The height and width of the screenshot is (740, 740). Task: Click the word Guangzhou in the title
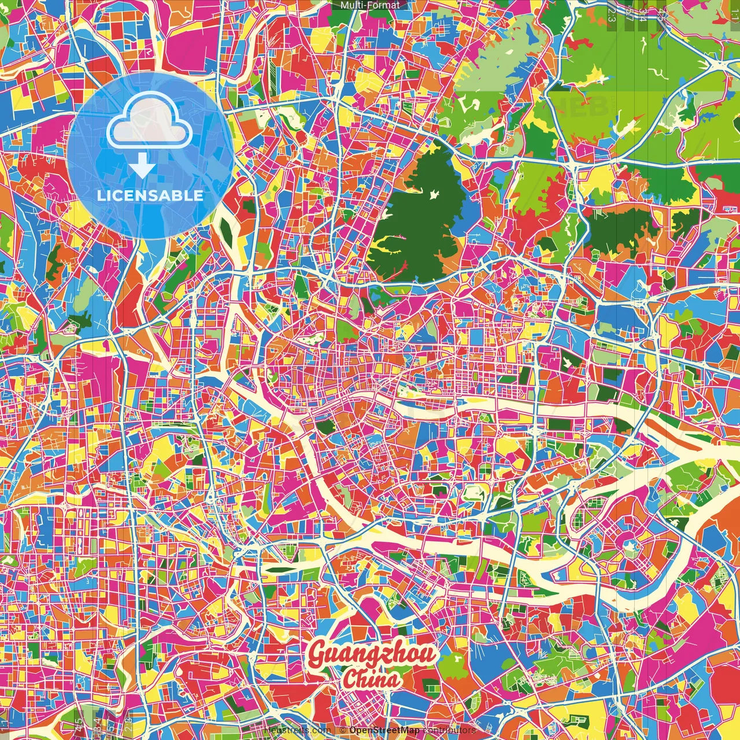pyautogui.click(x=372, y=654)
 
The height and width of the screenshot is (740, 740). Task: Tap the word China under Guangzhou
pyautogui.click(x=371, y=679)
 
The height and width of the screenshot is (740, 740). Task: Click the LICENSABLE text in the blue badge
pyautogui.click(x=150, y=195)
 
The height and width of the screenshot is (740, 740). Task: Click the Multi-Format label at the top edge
pyautogui.click(x=370, y=5)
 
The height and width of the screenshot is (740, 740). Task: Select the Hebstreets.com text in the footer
pyautogui.click(x=296, y=730)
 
